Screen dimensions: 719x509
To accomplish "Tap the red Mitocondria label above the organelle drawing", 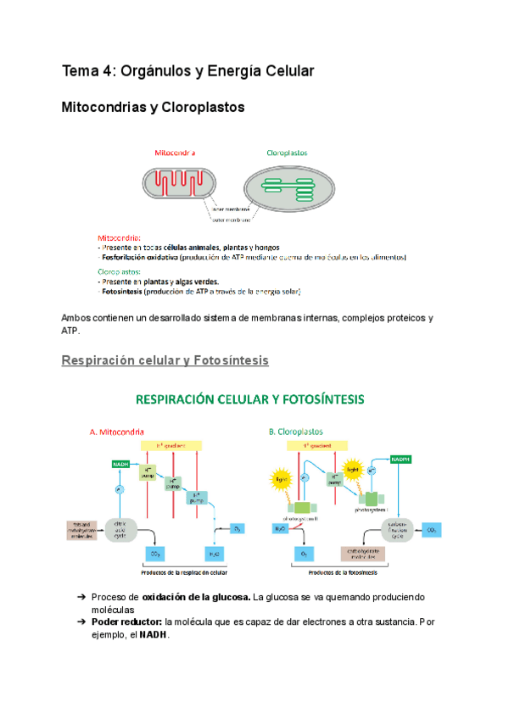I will (x=175, y=153).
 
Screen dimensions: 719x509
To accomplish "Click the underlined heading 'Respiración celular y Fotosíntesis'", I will (x=165, y=360).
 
